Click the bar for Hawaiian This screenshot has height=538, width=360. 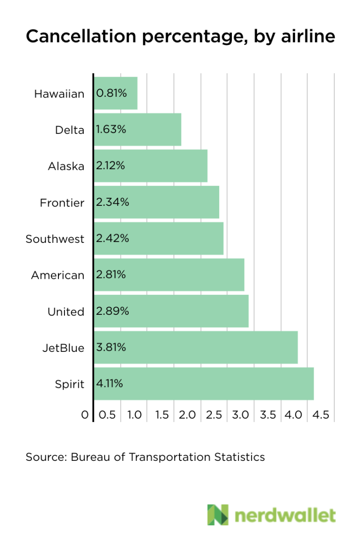(116, 93)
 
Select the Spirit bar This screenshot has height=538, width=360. (204, 384)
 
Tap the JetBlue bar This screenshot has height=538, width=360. (196, 348)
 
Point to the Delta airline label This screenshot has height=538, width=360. (70, 130)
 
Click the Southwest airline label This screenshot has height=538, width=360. (55, 239)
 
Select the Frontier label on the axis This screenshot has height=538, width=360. (62, 203)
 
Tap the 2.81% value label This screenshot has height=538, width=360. (111, 275)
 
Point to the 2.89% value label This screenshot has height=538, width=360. (112, 311)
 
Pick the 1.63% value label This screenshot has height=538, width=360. (111, 130)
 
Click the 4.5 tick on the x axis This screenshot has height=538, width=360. (321, 415)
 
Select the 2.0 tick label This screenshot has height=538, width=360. (187, 415)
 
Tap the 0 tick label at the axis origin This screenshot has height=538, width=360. (85, 415)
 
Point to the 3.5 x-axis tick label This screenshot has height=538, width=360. (268, 415)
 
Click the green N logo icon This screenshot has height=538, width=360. (218, 515)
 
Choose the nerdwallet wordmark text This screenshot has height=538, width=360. (285, 516)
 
